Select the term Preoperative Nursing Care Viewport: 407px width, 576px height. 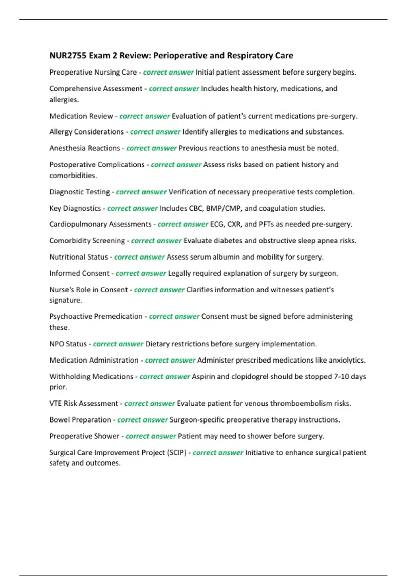(93, 73)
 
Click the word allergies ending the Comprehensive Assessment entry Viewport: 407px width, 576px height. (64, 100)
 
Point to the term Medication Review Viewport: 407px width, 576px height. (81, 116)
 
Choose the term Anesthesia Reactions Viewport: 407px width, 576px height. (84, 148)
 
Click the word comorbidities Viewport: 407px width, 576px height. (73, 176)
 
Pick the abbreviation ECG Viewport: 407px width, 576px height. (217, 224)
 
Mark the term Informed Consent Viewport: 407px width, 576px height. (79, 273)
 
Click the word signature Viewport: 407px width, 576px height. (65, 300)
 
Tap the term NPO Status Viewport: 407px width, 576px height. (68, 344)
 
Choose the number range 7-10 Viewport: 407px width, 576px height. (342, 377)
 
